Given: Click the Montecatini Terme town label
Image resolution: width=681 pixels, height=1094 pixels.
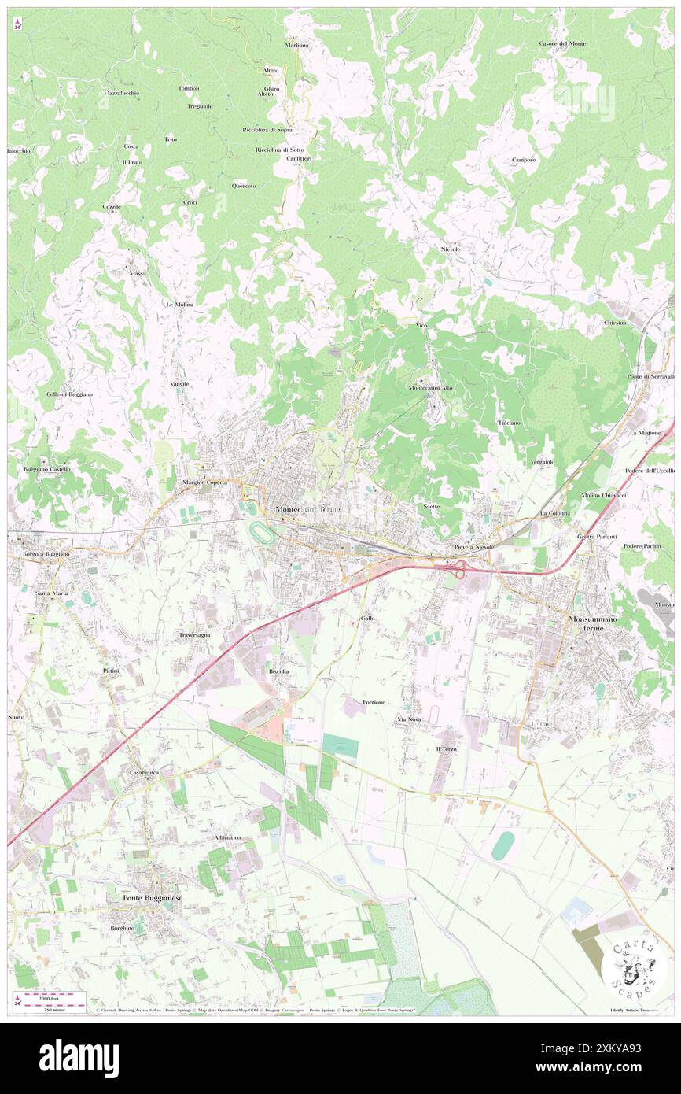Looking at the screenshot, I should (x=307, y=510).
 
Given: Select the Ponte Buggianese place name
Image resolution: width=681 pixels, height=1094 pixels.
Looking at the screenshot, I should (x=153, y=897).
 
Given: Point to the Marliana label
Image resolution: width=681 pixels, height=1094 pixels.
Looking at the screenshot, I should (x=297, y=45).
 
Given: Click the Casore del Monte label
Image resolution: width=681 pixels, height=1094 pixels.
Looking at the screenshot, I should (x=562, y=43).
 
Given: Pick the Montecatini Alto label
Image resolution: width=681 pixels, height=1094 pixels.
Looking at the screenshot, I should (x=431, y=388).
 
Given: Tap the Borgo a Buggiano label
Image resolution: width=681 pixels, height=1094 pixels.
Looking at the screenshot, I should (x=46, y=554).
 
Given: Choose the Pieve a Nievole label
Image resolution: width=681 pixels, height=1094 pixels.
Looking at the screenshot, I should (x=473, y=546).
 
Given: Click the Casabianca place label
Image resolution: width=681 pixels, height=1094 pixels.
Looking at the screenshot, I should (x=145, y=773).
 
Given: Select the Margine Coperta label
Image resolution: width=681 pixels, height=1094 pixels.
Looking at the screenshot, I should (x=205, y=482).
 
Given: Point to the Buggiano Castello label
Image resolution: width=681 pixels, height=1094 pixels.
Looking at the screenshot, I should (x=47, y=469).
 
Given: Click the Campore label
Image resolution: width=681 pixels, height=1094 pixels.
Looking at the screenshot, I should (x=524, y=160).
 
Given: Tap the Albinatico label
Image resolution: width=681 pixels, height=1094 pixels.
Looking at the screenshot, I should (x=227, y=837).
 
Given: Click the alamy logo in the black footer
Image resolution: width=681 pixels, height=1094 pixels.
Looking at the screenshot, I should (x=79, y=1059).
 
